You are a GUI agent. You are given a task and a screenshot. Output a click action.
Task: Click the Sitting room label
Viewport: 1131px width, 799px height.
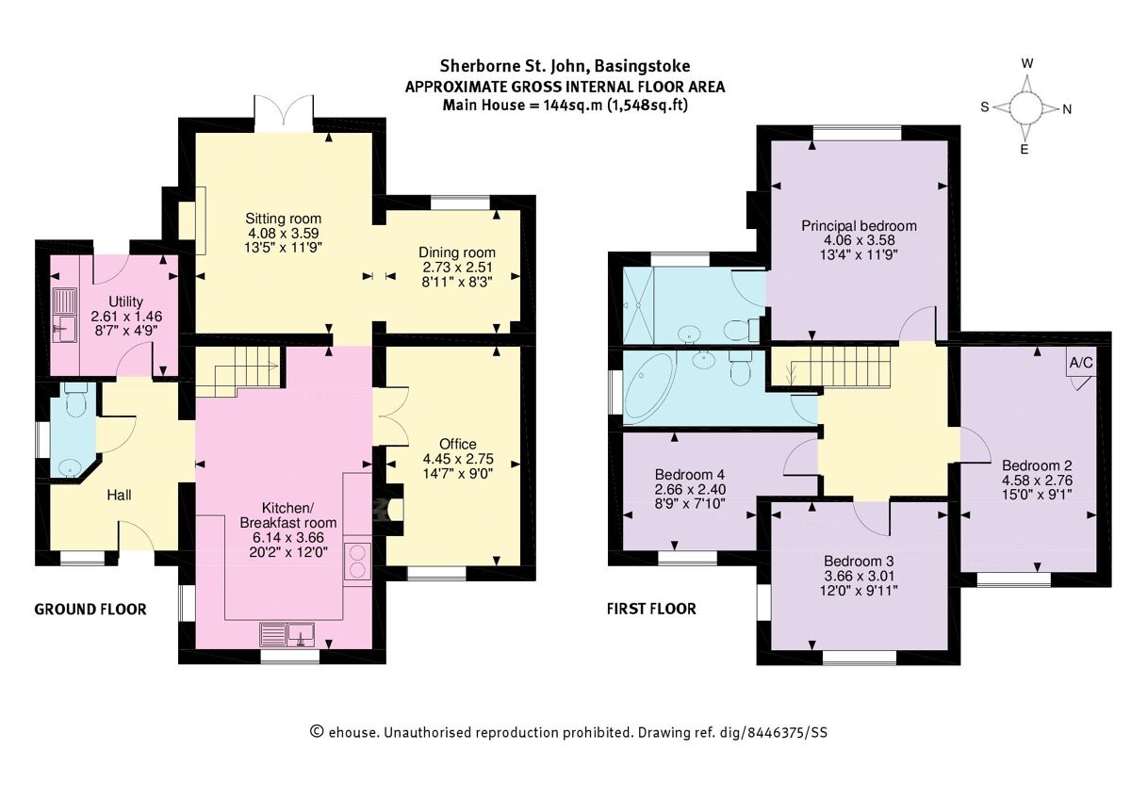coord(278,219)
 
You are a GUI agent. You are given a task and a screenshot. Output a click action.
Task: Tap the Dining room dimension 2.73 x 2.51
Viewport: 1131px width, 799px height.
coord(457,267)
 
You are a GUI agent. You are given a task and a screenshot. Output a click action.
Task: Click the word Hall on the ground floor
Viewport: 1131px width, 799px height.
coord(120,495)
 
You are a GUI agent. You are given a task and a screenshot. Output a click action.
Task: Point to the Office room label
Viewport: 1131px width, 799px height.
coord(457,444)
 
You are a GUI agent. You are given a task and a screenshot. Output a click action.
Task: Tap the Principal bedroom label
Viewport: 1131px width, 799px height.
coord(859,226)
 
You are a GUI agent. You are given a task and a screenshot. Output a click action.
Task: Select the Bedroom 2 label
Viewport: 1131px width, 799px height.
coord(1036,465)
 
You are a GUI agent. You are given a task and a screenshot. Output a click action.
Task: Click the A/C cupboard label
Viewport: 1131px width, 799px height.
coord(1080,363)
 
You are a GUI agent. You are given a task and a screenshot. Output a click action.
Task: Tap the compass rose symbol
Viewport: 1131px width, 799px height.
coord(1026,107)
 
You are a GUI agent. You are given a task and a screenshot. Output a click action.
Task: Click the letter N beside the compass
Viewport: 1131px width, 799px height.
coord(1067,108)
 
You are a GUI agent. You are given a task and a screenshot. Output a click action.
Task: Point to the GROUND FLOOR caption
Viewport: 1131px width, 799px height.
coord(90,610)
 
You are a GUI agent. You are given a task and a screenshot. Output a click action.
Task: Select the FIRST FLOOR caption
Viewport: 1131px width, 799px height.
coord(651,609)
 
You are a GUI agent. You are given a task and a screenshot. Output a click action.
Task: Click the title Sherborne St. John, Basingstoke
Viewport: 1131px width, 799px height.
coord(565,66)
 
